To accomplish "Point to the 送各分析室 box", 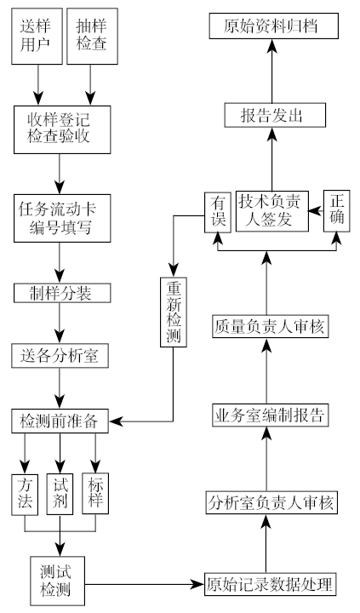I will [x=59, y=356].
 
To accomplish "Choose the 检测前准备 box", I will [x=59, y=420].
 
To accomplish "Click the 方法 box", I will [x=25, y=492].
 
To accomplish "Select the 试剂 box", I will [x=60, y=492].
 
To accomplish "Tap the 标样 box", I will [x=95, y=492].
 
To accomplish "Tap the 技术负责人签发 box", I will [x=270, y=210].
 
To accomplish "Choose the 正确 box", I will [x=337, y=212].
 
